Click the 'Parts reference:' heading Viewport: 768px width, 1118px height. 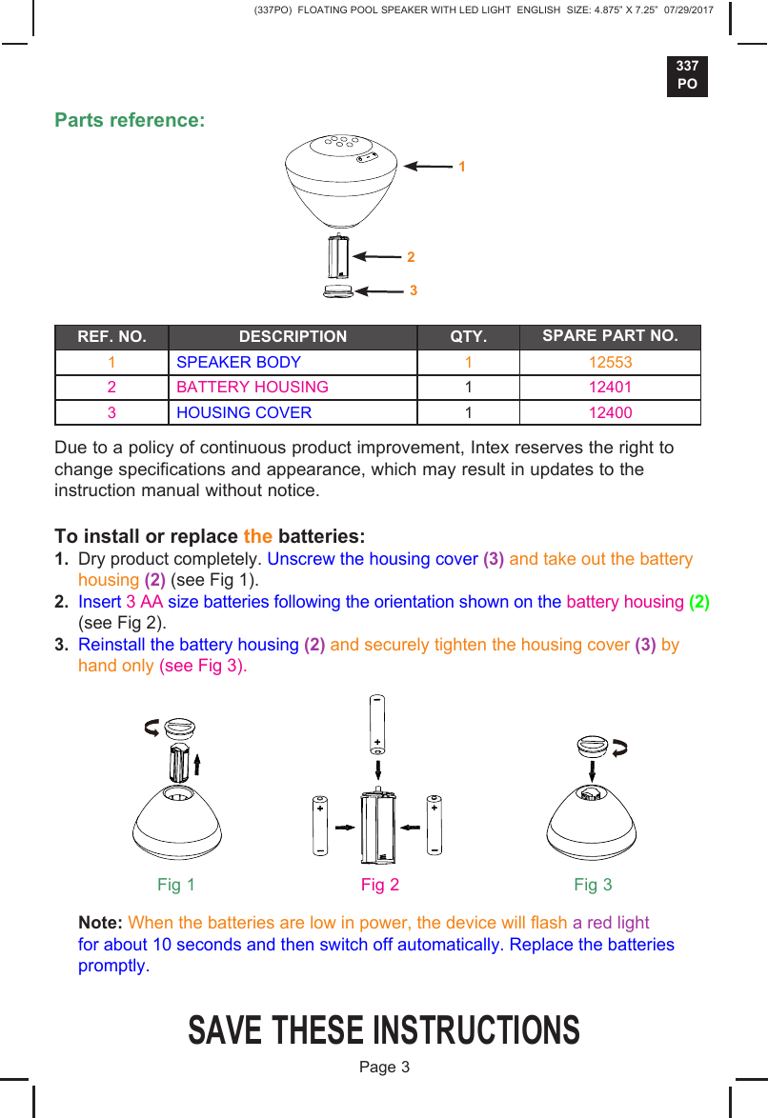coord(130,121)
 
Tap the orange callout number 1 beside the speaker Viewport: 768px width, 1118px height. coord(461,167)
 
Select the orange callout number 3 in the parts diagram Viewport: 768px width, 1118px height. coord(414,289)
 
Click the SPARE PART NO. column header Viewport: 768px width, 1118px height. coord(610,336)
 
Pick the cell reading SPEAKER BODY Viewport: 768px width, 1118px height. coord(238,363)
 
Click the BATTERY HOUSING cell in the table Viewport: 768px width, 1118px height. coord(253,388)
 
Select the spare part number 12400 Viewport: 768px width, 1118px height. coord(610,412)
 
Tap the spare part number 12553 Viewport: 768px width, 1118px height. coord(610,363)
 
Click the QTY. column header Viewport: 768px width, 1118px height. coord(468,337)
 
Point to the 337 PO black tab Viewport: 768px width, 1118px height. coord(687,75)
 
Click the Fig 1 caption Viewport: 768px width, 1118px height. coord(176,885)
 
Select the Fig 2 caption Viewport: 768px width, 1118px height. coord(380,885)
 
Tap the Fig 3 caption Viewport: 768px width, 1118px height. coord(593,885)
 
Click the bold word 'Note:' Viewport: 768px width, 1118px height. coord(100,923)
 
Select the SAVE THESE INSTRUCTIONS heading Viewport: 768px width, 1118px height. coord(384,1030)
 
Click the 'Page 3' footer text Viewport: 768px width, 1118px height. coord(384,1067)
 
